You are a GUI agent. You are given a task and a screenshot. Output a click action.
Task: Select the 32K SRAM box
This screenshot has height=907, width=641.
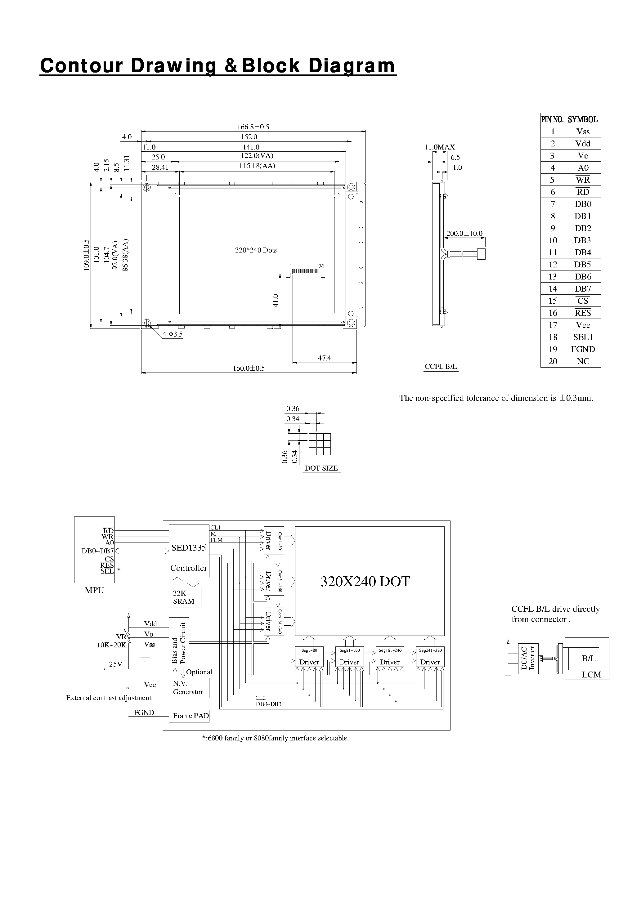pyautogui.click(x=185, y=597)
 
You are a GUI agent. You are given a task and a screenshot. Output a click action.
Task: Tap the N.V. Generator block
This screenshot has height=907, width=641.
pyautogui.click(x=189, y=688)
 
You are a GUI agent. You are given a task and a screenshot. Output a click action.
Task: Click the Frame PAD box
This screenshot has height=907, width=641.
pyautogui.click(x=189, y=716)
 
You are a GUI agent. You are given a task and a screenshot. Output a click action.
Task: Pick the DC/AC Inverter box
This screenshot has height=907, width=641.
pyautogui.click(x=527, y=659)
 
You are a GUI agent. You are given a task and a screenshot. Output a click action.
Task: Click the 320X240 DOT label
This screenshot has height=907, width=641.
pyautogui.click(x=365, y=582)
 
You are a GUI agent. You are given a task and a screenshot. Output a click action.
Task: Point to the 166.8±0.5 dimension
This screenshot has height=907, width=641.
pyautogui.click(x=253, y=127)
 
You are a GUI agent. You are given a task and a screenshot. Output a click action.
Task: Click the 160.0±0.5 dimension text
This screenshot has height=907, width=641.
pyautogui.click(x=249, y=368)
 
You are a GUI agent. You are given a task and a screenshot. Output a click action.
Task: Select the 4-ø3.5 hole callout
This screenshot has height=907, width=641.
pyautogui.click(x=172, y=334)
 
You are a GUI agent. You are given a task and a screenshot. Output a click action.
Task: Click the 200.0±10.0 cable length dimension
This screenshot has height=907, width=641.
pyautogui.click(x=464, y=234)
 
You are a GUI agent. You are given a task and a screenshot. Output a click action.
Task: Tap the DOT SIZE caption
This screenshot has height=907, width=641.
pyautogui.click(x=321, y=468)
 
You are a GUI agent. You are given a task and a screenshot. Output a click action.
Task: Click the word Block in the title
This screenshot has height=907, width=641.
pyautogui.click(x=271, y=65)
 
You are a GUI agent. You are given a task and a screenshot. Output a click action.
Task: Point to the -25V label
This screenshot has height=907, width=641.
pyautogui.click(x=114, y=664)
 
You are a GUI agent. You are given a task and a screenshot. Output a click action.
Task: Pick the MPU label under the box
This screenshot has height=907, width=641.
pyautogui.click(x=94, y=590)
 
